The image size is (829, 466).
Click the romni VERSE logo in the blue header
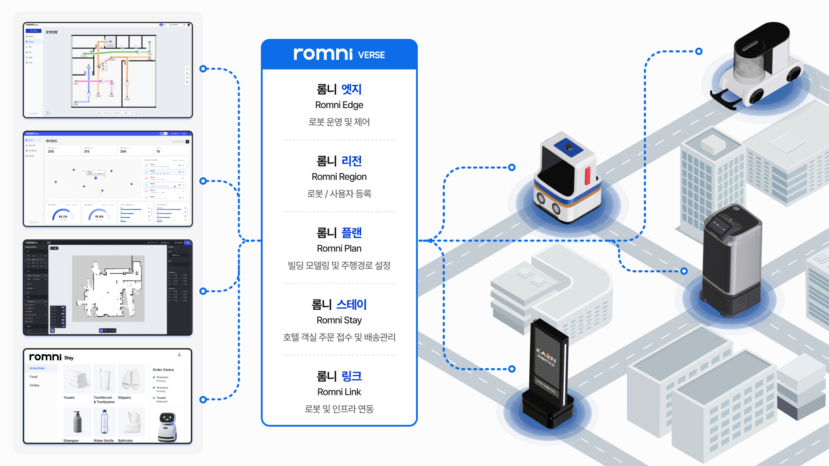[339, 54]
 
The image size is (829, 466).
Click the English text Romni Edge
[339, 105]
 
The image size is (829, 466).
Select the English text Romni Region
[339, 177]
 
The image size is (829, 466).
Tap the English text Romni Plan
[339, 249]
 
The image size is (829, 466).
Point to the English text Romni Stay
[339, 320]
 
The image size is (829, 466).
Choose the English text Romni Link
[339, 392]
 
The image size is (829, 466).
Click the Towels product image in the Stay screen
[77, 379]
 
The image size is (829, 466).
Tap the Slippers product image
[131, 379]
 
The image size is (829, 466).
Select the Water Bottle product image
[104, 422]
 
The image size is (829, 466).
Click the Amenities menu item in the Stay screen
[37, 368]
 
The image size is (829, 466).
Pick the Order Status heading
[163, 369]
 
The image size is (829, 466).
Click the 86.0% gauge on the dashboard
[63, 215]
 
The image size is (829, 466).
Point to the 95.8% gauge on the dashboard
[99, 215]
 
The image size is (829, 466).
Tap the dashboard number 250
[51, 152]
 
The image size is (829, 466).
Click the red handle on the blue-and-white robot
[587, 176]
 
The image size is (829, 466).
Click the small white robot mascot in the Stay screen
[167, 427]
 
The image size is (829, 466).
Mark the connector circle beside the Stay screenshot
[203, 400]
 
